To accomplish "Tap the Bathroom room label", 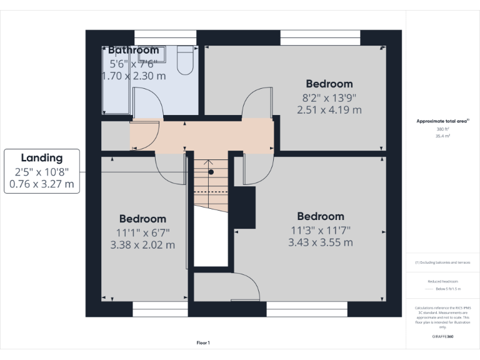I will (133, 50).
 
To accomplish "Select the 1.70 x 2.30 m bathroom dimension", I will (134, 76).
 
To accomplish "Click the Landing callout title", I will (42, 158).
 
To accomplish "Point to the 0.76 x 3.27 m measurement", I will (42, 184).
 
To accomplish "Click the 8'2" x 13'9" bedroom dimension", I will (329, 97).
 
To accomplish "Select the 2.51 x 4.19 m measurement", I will (329, 110).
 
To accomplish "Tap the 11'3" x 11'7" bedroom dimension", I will (321, 230).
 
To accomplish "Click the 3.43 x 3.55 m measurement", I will (321, 242).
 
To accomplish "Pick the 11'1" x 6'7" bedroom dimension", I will (142, 232).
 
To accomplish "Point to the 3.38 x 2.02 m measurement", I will (142, 244).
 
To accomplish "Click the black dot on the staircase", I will (211, 171).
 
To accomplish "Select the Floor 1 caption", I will (203, 342).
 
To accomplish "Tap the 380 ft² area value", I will (443, 129).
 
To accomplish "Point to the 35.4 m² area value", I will (443, 135).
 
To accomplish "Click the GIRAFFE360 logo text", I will (442, 336).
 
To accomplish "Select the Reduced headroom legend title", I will (442, 282).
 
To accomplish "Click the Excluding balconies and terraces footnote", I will (443, 262).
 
